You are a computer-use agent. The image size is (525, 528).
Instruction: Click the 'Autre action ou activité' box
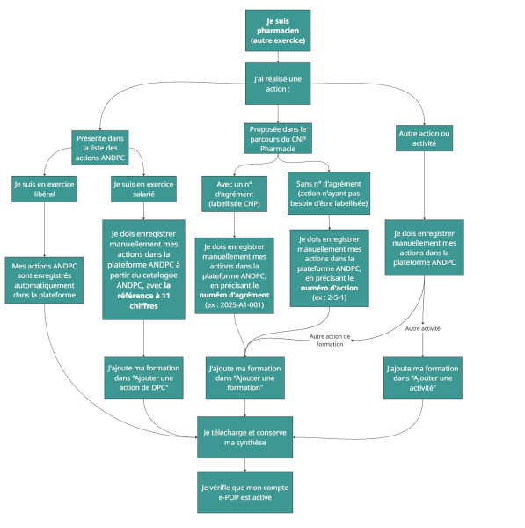click(423, 138)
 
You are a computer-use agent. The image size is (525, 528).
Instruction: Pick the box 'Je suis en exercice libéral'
click(44, 190)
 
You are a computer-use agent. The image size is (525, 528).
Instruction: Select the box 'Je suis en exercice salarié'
click(143, 190)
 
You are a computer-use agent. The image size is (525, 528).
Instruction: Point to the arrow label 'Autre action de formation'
click(332, 339)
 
